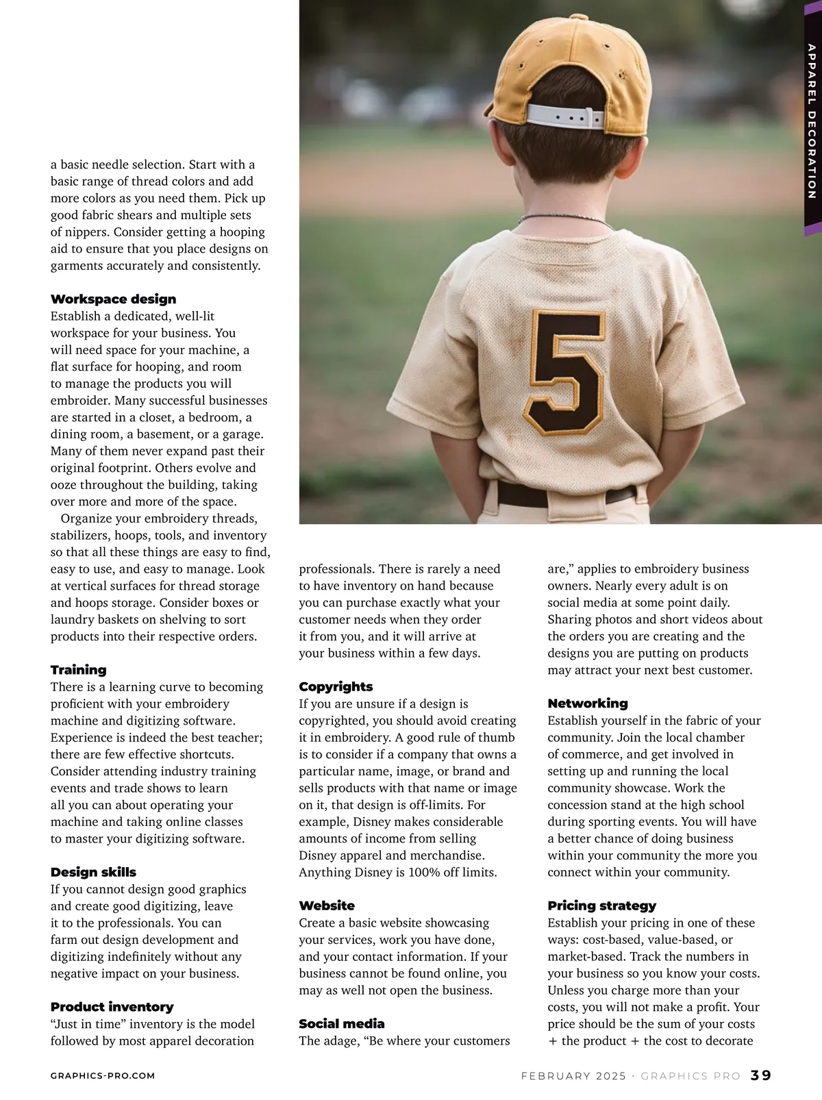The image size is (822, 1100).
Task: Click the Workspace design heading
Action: (x=113, y=299)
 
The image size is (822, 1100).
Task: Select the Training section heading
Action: (x=78, y=670)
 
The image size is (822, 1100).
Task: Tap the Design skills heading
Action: (x=93, y=872)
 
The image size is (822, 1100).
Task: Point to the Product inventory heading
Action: (x=112, y=1007)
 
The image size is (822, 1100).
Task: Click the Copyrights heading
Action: (x=336, y=687)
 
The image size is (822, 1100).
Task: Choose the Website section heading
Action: (x=327, y=905)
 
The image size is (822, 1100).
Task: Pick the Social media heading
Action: (x=341, y=1024)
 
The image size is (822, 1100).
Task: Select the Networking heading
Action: (x=587, y=703)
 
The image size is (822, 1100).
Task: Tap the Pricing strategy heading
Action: (x=601, y=905)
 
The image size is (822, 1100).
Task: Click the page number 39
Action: (x=761, y=1075)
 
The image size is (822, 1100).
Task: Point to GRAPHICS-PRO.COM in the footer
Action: (x=103, y=1076)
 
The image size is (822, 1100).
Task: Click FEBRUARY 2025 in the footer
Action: (x=573, y=1076)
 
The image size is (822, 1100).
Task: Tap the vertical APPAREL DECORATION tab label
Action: (x=812, y=121)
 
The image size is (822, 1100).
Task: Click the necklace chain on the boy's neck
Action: (x=565, y=219)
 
